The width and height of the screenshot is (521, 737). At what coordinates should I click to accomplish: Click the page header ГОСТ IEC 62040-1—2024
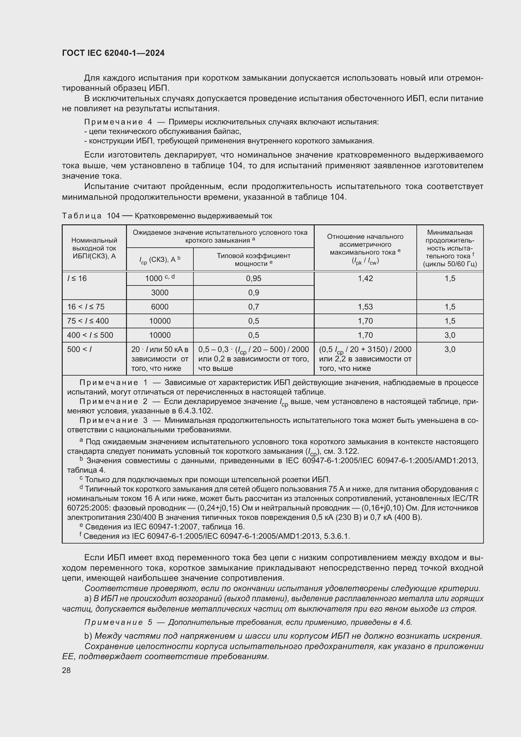click(113, 53)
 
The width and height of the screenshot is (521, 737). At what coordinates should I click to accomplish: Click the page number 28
click(66, 670)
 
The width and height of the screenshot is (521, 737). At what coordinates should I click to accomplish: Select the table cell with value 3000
click(160, 292)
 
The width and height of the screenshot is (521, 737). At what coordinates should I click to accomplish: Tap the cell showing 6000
click(160, 307)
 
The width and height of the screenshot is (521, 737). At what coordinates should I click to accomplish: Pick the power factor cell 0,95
click(254, 278)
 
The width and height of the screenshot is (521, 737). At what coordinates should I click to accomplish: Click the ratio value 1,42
click(365, 278)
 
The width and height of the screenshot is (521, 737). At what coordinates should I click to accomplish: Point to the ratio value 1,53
click(365, 307)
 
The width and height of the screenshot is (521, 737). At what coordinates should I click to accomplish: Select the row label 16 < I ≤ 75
click(86, 307)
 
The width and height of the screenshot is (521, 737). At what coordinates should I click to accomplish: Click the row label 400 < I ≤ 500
click(90, 335)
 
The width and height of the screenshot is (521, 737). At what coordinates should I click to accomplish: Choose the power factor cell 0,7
click(254, 307)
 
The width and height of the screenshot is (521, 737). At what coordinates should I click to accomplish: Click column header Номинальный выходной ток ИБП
click(94, 248)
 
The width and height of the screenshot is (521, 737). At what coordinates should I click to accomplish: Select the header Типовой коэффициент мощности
click(254, 259)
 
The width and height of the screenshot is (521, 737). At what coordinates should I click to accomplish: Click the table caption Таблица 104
click(91, 216)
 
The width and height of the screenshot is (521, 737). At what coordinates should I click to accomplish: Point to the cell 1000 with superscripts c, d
click(160, 278)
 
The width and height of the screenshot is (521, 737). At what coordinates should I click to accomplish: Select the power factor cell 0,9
click(254, 292)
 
